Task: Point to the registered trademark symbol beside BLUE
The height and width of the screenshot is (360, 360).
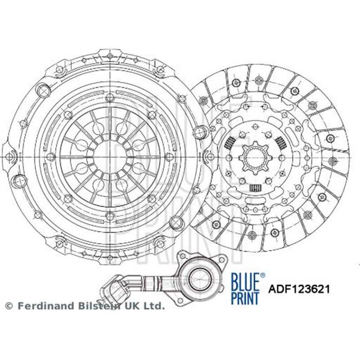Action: pos(263,275)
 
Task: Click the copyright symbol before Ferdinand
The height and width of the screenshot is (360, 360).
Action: pos(9,306)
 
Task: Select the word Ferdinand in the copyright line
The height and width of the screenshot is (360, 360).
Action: pos(39,306)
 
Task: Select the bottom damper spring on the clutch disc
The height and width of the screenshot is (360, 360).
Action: pos(255,187)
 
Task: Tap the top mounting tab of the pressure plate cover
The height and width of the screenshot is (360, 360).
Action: pos(110,54)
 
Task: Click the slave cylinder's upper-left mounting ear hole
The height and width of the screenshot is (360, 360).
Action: pos(183,255)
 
